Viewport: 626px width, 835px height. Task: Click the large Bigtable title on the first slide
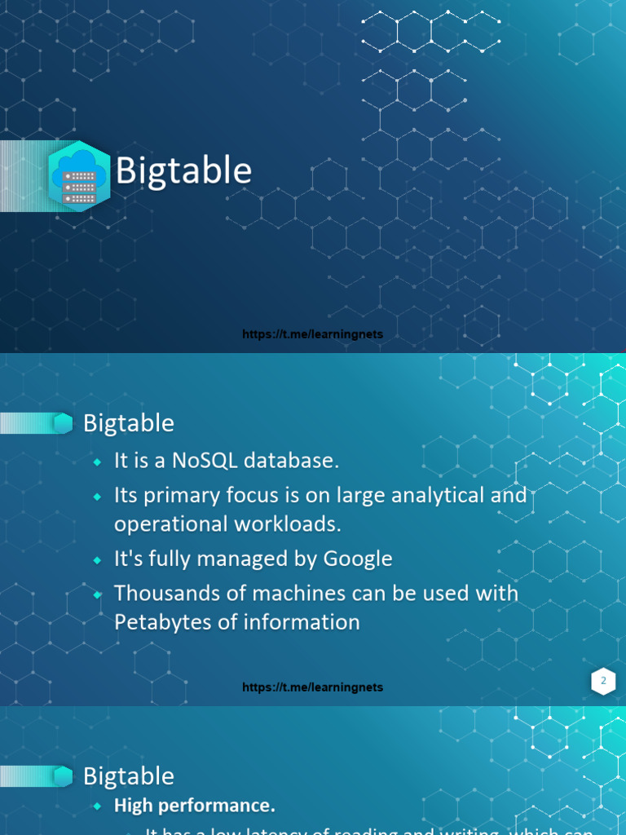[183, 171]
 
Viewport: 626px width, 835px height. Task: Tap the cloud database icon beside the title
[79, 176]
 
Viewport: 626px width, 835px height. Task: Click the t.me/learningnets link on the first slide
[312, 334]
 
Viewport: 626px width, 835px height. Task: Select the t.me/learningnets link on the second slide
[312, 687]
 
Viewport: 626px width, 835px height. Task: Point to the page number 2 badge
[603, 681]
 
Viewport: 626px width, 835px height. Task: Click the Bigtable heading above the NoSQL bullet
[129, 423]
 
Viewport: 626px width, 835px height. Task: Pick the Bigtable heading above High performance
[129, 776]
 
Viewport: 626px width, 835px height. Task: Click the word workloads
[291, 524]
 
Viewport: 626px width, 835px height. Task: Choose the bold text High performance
[195, 806]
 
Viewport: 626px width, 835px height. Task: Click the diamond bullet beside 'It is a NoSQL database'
[98, 462]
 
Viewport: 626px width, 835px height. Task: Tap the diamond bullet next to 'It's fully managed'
[98, 560]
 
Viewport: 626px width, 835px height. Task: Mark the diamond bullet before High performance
[98, 806]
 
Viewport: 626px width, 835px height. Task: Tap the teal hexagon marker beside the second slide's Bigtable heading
[63, 423]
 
